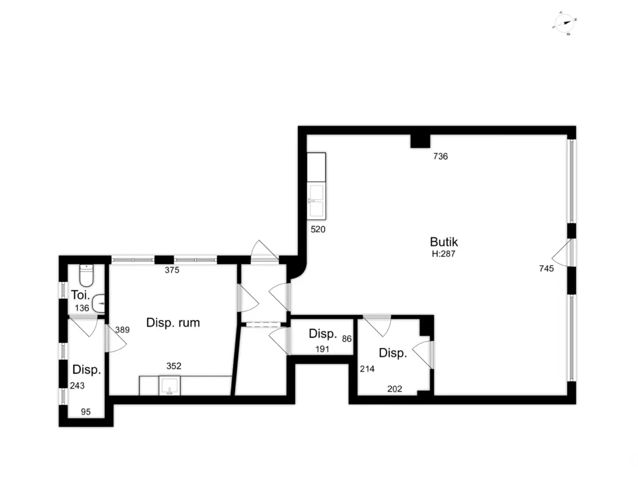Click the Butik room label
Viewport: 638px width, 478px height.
tap(444, 242)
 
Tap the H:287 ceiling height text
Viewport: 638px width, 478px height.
tap(443, 253)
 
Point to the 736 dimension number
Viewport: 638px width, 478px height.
tap(440, 156)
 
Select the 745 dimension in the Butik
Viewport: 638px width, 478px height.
tap(546, 268)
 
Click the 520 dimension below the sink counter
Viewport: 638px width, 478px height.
tap(318, 229)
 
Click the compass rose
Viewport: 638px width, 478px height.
tap(564, 23)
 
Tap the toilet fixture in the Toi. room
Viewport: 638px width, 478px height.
tap(86, 275)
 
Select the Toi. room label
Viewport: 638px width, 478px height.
tap(81, 295)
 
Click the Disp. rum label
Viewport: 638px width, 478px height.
tap(173, 323)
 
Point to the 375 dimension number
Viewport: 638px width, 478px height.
tap(172, 270)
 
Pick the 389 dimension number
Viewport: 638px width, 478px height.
tap(122, 330)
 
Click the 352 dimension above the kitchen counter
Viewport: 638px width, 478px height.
tap(173, 365)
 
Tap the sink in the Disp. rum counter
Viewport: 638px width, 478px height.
tap(169, 386)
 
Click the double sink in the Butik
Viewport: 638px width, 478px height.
tap(316, 201)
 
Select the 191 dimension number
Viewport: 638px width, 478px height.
tap(322, 349)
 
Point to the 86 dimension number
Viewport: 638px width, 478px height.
tap(346, 339)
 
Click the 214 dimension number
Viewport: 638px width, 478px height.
tap(367, 368)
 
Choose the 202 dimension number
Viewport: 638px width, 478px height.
tap(394, 388)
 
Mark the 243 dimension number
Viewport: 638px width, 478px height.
tap(77, 385)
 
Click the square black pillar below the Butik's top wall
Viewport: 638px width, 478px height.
tap(420, 141)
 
